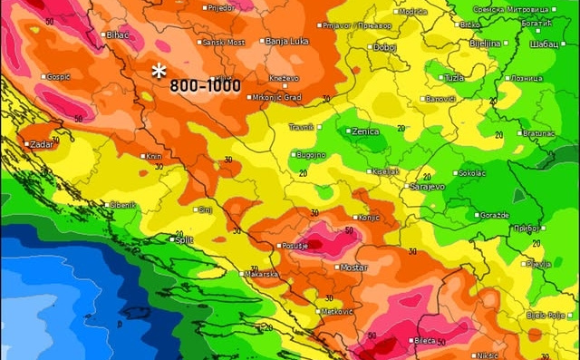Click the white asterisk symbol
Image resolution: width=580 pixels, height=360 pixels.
tap(159, 71)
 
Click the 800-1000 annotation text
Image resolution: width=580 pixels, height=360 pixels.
tap(205, 86)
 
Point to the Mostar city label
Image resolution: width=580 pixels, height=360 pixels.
tap(353, 268)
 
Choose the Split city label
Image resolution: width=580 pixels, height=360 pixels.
tap(185, 239)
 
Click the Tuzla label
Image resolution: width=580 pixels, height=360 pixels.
tap(453, 78)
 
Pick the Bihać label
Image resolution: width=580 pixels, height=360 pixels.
tap(118, 34)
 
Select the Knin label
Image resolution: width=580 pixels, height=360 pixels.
tap(154, 157)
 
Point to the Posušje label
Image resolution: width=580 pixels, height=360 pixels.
tap(296, 246)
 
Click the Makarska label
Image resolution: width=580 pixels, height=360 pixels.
tap(260, 274)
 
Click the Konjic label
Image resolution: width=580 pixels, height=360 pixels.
tap(371, 217)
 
